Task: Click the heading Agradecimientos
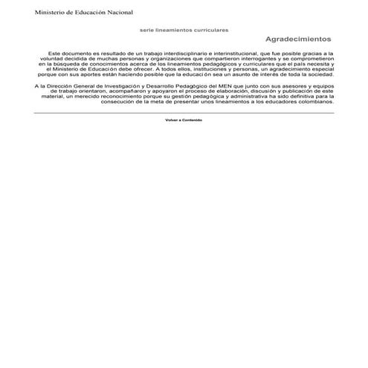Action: coord(297,39)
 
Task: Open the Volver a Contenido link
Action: coord(184,119)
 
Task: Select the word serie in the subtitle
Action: coord(146,29)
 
